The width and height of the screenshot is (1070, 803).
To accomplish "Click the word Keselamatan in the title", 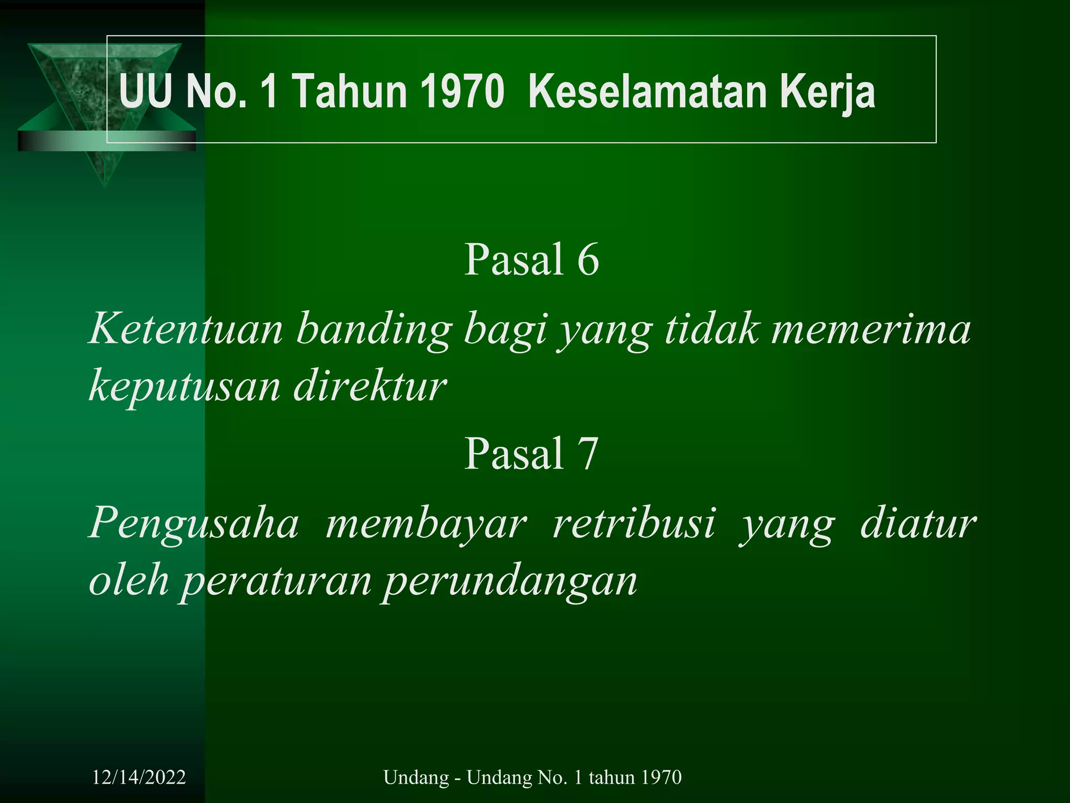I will tap(647, 93).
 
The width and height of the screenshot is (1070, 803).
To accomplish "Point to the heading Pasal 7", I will tap(531, 453).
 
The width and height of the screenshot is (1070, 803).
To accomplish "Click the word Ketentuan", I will tap(186, 330).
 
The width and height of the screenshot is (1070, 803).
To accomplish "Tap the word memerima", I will tap(871, 330).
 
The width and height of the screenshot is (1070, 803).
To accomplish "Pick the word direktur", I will tap(370, 386).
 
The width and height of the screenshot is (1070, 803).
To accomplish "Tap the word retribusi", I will tap(634, 523).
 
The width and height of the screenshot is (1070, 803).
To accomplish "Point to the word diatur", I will tap(918, 523).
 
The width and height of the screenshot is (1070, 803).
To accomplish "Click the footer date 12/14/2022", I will tap(139, 777).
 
